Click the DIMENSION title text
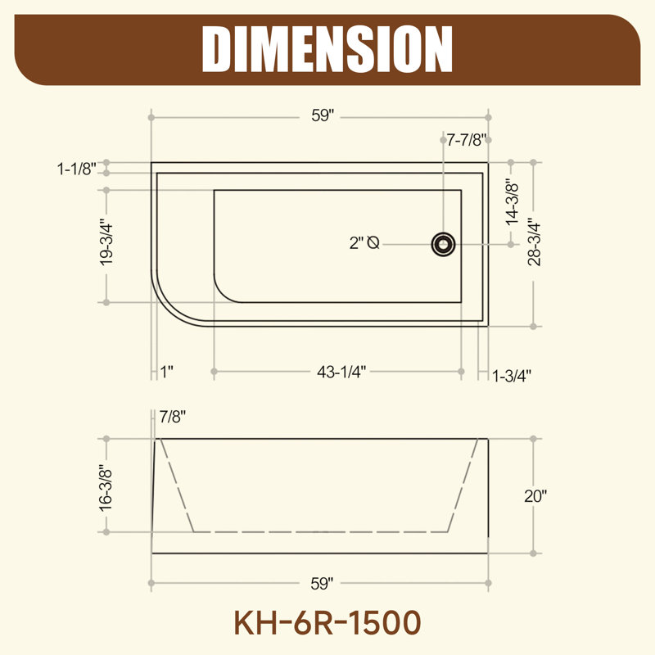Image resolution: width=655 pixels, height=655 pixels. [x=327, y=49]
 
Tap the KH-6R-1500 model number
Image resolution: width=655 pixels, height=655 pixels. [x=327, y=623]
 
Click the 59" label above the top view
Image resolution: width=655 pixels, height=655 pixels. [x=323, y=115]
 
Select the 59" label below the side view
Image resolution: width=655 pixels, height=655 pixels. [x=322, y=584]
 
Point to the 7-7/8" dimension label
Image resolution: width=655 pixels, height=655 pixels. [x=467, y=140]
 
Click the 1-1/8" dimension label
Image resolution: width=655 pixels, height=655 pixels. [x=77, y=169]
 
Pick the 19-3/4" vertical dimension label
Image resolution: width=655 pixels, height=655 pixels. [x=106, y=245]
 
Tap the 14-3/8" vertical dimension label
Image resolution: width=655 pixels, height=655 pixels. [x=512, y=202]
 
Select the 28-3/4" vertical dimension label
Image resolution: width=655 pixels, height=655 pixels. [x=534, y=242]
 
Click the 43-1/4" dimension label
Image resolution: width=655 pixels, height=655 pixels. [x=341, y=372]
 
